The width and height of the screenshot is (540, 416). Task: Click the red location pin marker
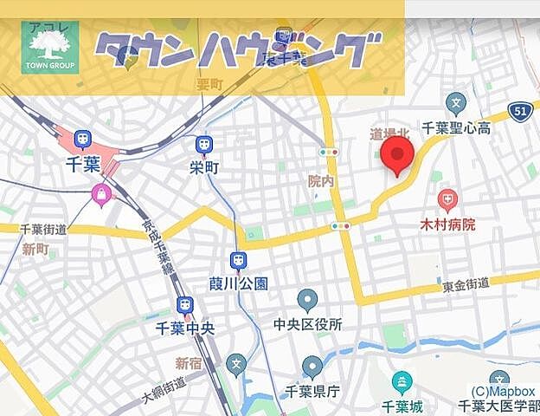pos(397,154)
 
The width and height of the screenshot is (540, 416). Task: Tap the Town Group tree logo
pos(49,46)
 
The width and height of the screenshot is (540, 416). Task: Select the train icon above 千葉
pos(83,139)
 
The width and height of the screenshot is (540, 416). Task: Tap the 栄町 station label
pos(204,166)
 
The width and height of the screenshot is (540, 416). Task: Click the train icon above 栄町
pos(204,144)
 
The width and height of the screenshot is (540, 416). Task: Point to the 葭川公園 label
pos(239,283)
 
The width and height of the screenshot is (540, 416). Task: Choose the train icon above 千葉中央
pos(184,305)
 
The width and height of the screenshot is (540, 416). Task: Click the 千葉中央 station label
pos(184,328)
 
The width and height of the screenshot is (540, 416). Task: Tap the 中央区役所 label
pos(307,325)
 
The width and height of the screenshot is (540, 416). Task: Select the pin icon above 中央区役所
pos(307,301)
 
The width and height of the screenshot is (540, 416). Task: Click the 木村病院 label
pos(447,224)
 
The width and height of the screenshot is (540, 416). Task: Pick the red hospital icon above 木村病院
pos(447,201)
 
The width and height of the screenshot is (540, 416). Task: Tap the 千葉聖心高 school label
pos(456,128)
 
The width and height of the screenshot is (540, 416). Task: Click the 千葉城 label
pos(402,406)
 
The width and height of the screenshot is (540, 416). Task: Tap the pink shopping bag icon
pos(102,195)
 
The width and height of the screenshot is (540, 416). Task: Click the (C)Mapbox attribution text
pos(503,391)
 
